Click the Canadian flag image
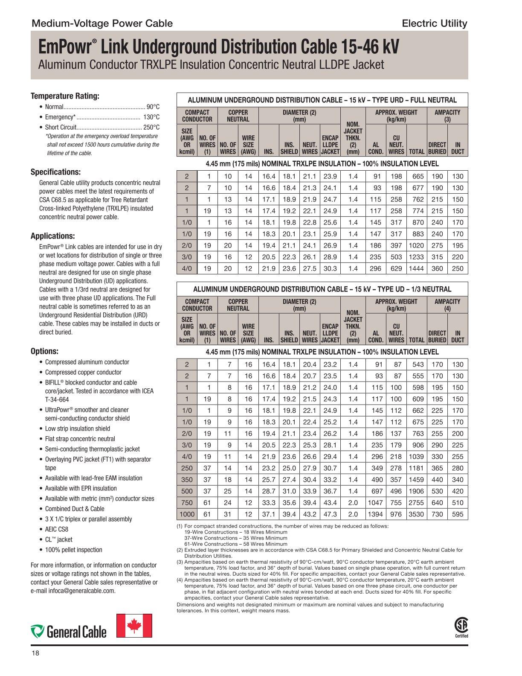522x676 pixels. (x=134, y=626)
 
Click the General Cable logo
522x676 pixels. (x=69, y=631)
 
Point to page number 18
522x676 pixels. (x=35, y=653)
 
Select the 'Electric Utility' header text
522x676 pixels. (x=434, y=23)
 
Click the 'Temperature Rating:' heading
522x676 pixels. (x=65, y=96)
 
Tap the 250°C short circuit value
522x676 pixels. (x=151, y=127)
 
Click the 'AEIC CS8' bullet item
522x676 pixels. (x=57, y=529)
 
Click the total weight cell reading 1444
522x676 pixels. (x=416, y=268)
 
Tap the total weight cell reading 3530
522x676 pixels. (x=416, y=514)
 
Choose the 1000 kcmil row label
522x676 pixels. (x=187, y=514)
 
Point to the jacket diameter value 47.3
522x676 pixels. (x=330, y=514)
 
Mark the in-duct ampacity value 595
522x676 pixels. (x=458, y=514)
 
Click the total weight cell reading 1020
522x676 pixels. (x=416, y=245)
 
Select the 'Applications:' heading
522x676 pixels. (x=52, y=236)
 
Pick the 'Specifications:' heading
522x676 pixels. (x=55, y=172)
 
